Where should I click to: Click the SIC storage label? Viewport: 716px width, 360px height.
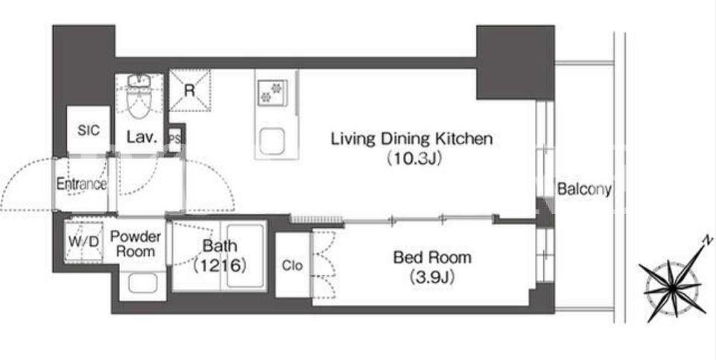pos(88,130)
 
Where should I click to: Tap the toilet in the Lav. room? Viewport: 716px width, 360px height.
pos(139,96)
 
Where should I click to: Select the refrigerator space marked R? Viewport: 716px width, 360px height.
pos(189,90)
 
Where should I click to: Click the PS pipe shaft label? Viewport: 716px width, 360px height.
pos(175,139)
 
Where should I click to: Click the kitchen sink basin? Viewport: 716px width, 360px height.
pos(273,141)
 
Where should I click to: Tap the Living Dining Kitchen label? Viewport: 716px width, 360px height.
pos(411,139)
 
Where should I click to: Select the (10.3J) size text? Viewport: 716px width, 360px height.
pos(414,159)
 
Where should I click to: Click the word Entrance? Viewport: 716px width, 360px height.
pos(81,184)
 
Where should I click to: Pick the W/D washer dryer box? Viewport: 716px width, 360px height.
pos(83,241)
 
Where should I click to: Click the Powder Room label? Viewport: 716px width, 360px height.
pos(136,244)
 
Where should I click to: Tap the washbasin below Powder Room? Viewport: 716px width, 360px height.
pos(142,283)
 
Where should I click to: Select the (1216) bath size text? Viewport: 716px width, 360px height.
pos(220,265)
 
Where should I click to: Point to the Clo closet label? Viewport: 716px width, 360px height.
pos(292,265)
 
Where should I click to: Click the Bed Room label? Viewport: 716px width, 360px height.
pos(432,258)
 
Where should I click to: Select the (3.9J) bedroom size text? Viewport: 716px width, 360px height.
pos(432,277)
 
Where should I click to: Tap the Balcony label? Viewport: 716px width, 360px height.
pos(584,189)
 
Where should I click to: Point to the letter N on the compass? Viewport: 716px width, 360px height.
pos(707,240)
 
